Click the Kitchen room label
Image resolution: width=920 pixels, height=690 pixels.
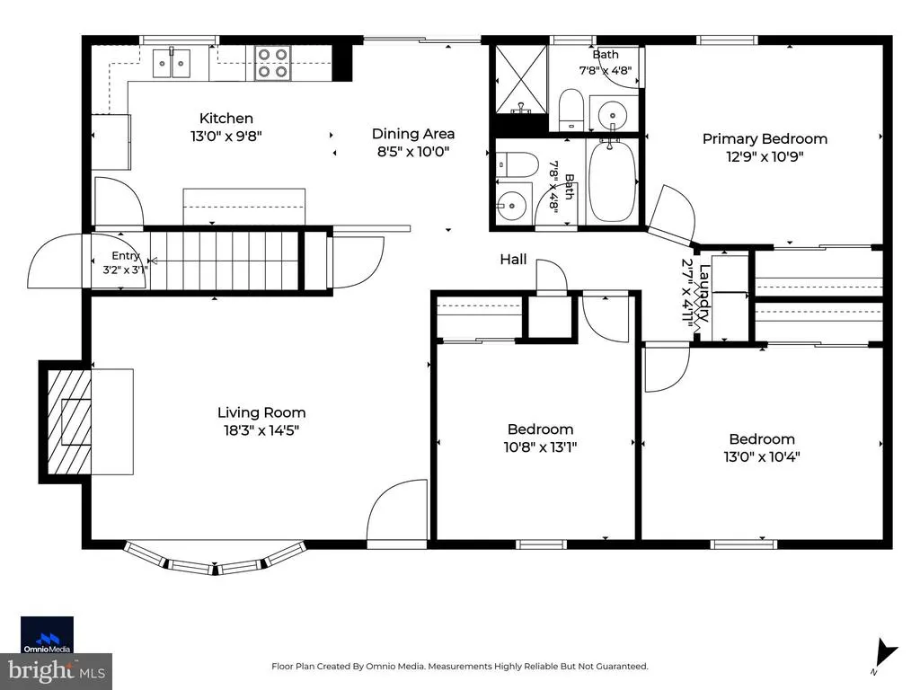pos(226,118)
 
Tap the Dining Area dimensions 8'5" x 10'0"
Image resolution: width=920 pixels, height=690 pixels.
pos(413,152)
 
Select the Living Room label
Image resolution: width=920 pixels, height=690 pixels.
pos(261,412)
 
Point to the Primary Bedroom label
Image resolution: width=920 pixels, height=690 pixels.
pos(765,139)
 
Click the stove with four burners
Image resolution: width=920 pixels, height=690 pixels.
pos(273,64)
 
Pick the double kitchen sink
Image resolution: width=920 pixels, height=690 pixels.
pos(172,63)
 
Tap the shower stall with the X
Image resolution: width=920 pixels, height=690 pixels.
pos(521,79)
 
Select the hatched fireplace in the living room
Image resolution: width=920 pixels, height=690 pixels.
pos(69,422)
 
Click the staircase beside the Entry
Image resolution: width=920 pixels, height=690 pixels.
pos(223,261)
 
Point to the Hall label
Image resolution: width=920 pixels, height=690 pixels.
pos(513,260)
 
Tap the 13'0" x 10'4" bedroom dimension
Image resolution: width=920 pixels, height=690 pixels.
pos(762,457)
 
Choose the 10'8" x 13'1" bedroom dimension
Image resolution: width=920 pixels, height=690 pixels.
pos(540,447)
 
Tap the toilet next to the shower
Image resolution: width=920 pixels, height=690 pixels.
pos(571,110)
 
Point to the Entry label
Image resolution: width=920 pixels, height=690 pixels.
pos(126,256)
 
